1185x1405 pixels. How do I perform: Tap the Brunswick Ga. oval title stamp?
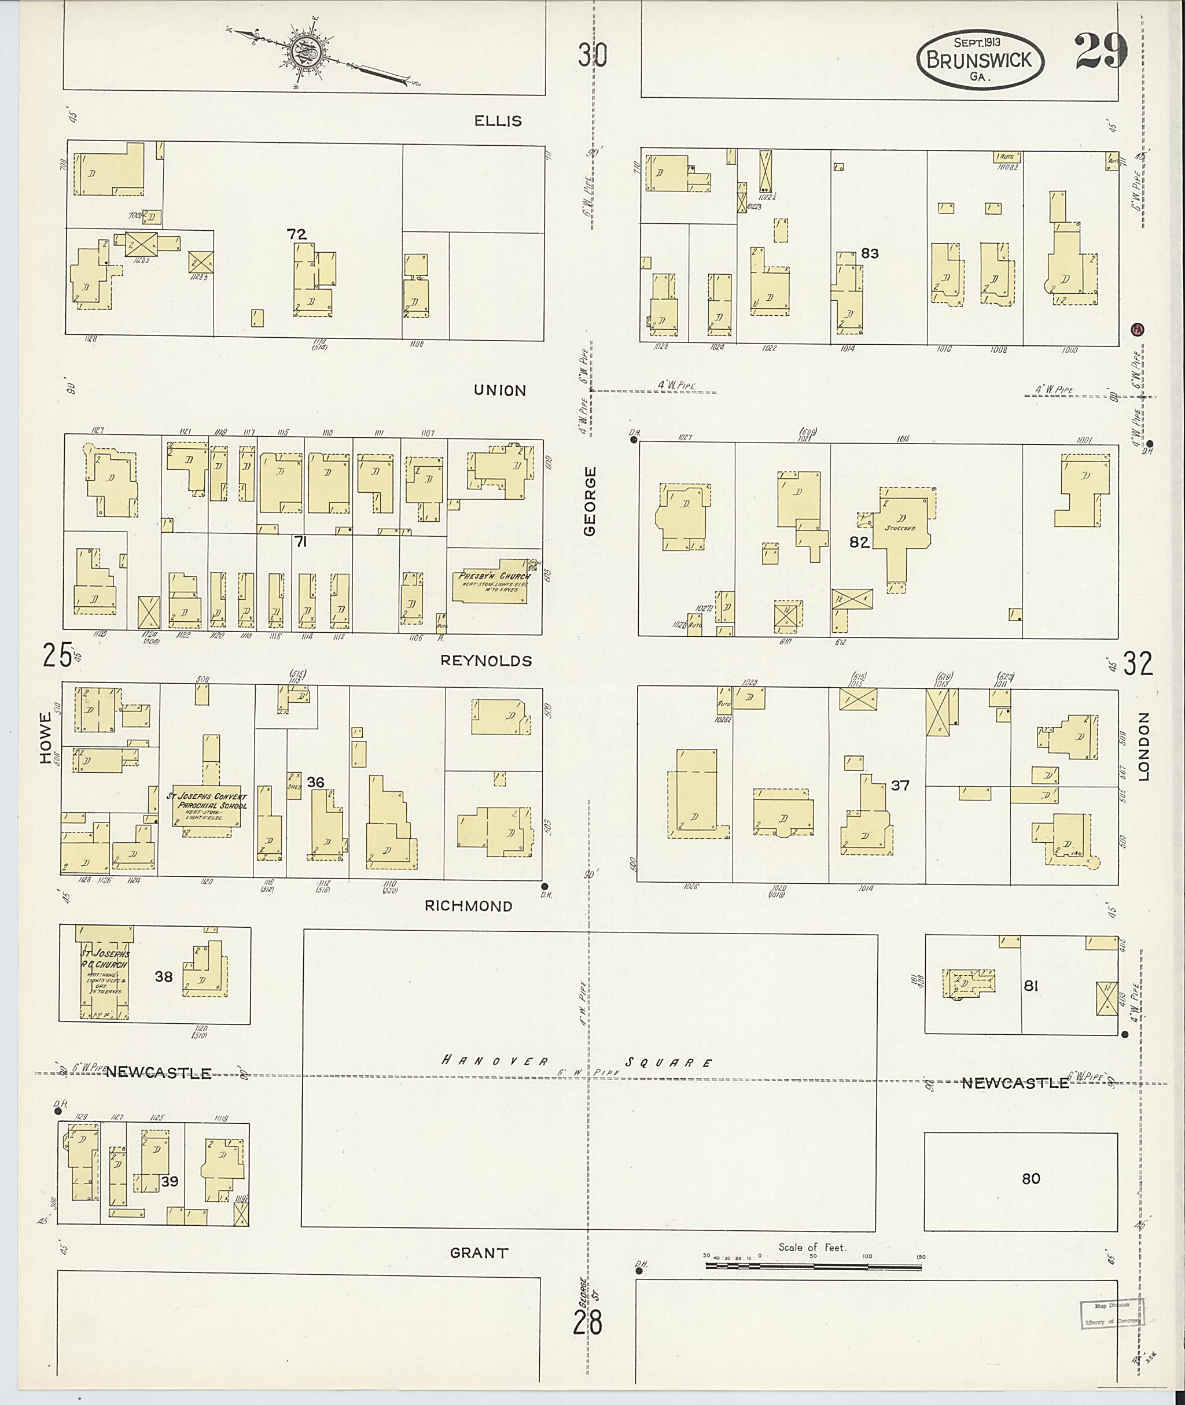tap(980, 59)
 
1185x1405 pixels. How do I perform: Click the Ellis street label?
tap(498, 121)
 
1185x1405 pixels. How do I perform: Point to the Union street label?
tap(500, 390)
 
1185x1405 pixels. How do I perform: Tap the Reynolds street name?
tap(485, 661)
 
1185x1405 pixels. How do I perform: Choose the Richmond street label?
tap(468, 906)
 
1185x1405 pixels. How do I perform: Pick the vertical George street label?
tap(590, 501)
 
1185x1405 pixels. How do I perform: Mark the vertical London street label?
tap(1144, 747)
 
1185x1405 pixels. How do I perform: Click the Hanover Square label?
tap(576, 1063)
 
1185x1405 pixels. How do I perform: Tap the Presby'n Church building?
tap(494, 581)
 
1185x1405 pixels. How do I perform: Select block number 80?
tap(1031, 1179)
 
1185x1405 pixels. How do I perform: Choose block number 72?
tap(296, 234)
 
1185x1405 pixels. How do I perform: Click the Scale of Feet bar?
tap(813, 1266)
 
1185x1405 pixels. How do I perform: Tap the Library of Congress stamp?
tap(1112, 1314)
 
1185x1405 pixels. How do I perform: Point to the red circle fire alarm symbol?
tap(1138, 329)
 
